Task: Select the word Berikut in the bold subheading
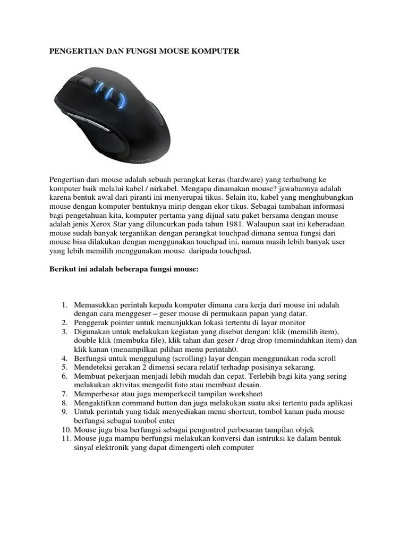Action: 62,269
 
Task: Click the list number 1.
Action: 64,305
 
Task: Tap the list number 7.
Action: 64,394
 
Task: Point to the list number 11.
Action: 62,438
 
